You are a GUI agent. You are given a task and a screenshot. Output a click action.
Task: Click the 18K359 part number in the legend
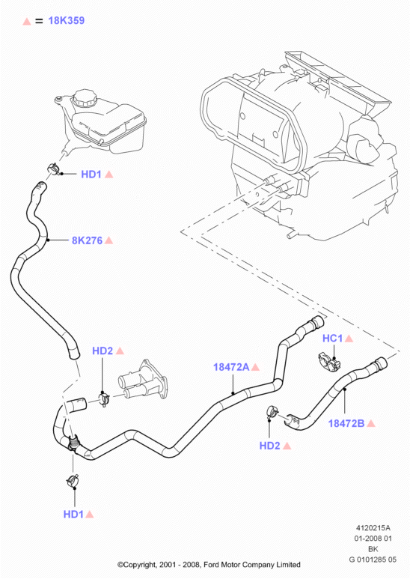click(67, 20)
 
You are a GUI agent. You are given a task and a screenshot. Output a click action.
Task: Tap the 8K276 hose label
click(87, 240)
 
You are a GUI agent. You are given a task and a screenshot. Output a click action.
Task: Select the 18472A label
click(231, 367)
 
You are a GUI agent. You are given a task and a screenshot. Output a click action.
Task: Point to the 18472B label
click(346, 423)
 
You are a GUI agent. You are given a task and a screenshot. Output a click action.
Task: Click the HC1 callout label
click(333, 339)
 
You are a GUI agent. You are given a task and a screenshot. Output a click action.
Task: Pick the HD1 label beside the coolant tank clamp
click(91, 175)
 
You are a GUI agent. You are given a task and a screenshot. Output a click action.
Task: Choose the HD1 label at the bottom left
click(73, 514)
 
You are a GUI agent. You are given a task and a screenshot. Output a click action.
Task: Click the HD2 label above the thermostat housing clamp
click(102, 351)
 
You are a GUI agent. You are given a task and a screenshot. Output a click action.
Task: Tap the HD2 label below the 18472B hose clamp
click(270, 446)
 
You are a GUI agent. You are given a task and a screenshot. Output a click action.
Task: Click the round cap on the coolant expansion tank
click(85, 97)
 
